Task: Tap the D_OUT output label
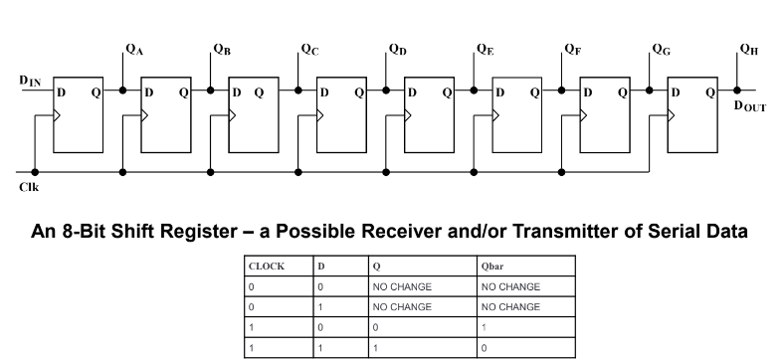pyautogui.click(x=750, y=106)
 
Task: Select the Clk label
pyautogui.click(x=28, y=186)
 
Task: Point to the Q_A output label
pyautogui.click(x=134, y=50)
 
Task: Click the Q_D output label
pyautogui.click(x=397, y=50)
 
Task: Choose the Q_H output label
pyautogui.click(x=748, y=50)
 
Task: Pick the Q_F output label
pyautogui.click(x=572, y=50)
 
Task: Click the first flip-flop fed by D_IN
pyautogui.click(x=78, y=113)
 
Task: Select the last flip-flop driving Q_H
pyautogui.click(x=691, y=113)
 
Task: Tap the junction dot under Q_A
pyautogui.click(x=122, y=90)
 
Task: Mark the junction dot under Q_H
pyautogui.click(x=736, y=90)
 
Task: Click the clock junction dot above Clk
pyautogui.click(x=35, y=171)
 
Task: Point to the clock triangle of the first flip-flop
pyautogui.click(x=59, y=115)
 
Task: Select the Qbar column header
pyautogui.click(x=494, y=266)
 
